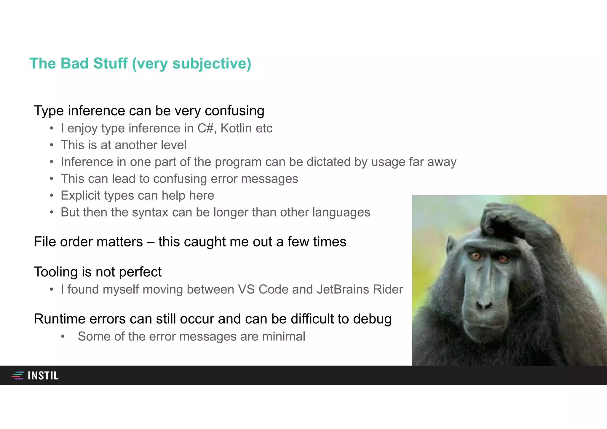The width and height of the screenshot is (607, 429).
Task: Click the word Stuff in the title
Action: (x=110, y=63)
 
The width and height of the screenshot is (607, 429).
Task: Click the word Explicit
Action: (x=81, y=196)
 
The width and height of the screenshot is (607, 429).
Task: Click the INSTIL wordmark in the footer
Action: (x=43, y=376)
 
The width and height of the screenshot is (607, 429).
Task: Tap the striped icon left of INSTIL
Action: (x=18, y=376)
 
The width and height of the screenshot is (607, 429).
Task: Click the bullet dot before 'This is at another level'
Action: (x=52, y=145)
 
